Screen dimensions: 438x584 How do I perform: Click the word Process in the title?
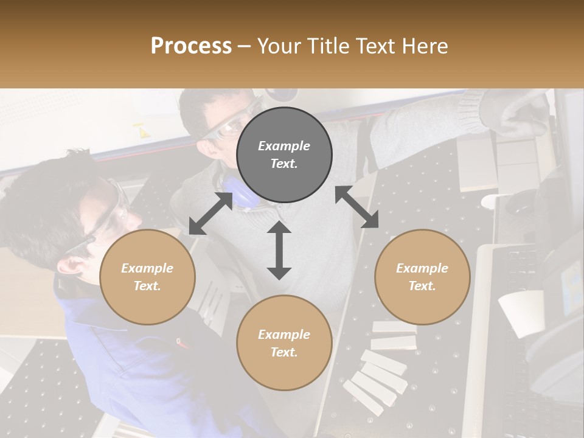pos(191,46)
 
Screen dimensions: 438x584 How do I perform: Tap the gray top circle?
pos(284,155)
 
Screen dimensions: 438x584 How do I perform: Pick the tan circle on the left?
pos(147,277)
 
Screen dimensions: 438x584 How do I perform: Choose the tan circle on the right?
pos(422,277)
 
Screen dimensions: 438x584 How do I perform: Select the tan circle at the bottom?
pos(284,343)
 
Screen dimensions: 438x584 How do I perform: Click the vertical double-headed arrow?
pos(279,250)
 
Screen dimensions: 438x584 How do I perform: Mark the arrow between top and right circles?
pos(356,207)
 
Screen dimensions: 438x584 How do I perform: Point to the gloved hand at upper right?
pos(517,116)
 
